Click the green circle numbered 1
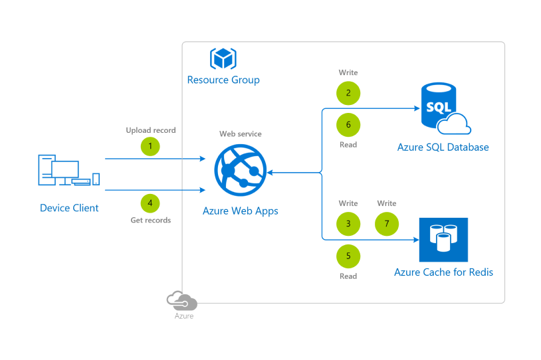[x=150, y=146]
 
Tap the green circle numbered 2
[x=348, y=92]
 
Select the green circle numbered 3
[x=348, y=224]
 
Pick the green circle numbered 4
[x=150, y=202]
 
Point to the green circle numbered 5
[x=348, y=256]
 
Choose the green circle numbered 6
[x=348, y=125]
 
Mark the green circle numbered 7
[x=387, y=224]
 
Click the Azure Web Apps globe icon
[x=240, y=171]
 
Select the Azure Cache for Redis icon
[x=443, y=240]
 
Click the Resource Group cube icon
[x=223, y=58]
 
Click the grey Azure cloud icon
[x=182, y=300]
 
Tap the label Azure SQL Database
[x=443, y=147]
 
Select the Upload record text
[x=151, y=130]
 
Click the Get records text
[x=150, y=220]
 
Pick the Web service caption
[x=240, y=134]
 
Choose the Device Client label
[x=69, y=208]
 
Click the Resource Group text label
[x=223, y=80]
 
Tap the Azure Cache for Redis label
[x=443, y=272]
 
